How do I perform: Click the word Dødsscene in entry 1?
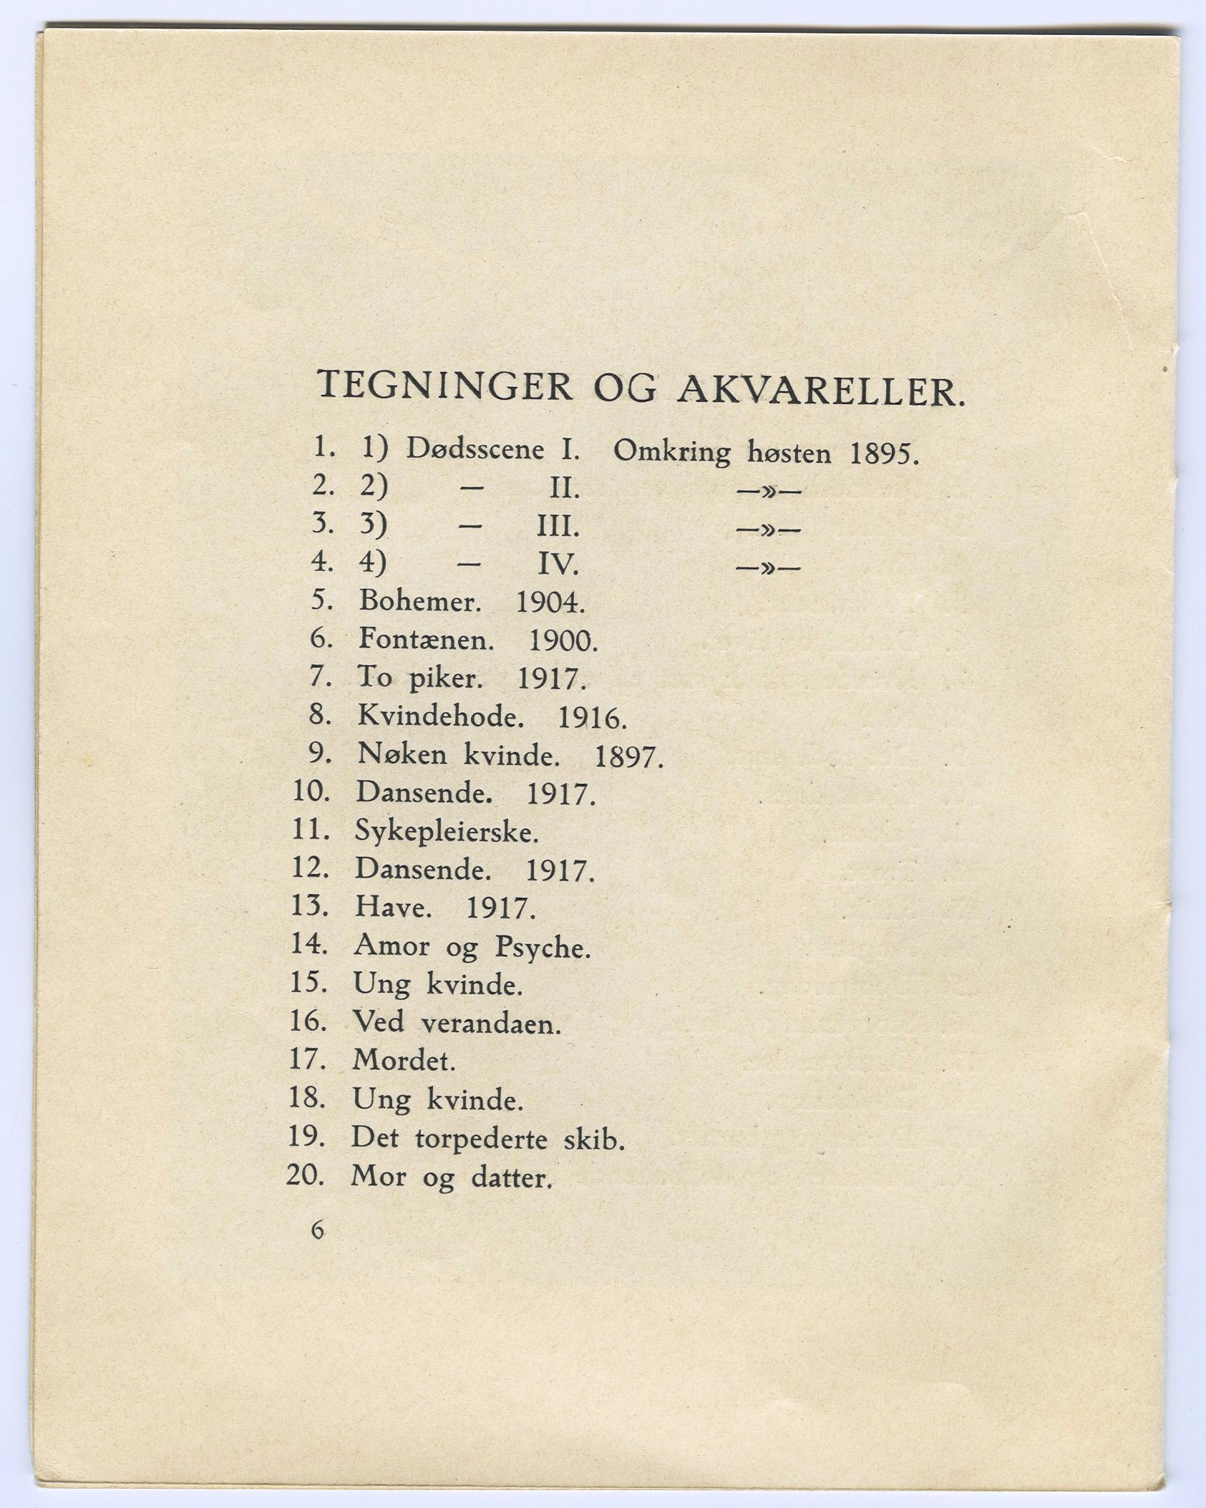click(x=475, y=449)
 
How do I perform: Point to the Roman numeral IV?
click(x=557, y=566)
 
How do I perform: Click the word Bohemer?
click(x=419, y=601)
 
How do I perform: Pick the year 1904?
click(x=550, y=603)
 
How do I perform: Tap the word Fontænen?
click(x=427, y=639)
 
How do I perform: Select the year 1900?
click(x=562, y=641)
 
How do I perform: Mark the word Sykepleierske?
click(x=446, y=833)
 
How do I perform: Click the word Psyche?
click(x=543, y=948)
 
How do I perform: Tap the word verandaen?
click(x=491, y=1024)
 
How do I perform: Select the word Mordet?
click(x=404, y=1060)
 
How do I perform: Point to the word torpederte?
click(x=481, y=1139)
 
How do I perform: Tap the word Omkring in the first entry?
click(x=672, y=453)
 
